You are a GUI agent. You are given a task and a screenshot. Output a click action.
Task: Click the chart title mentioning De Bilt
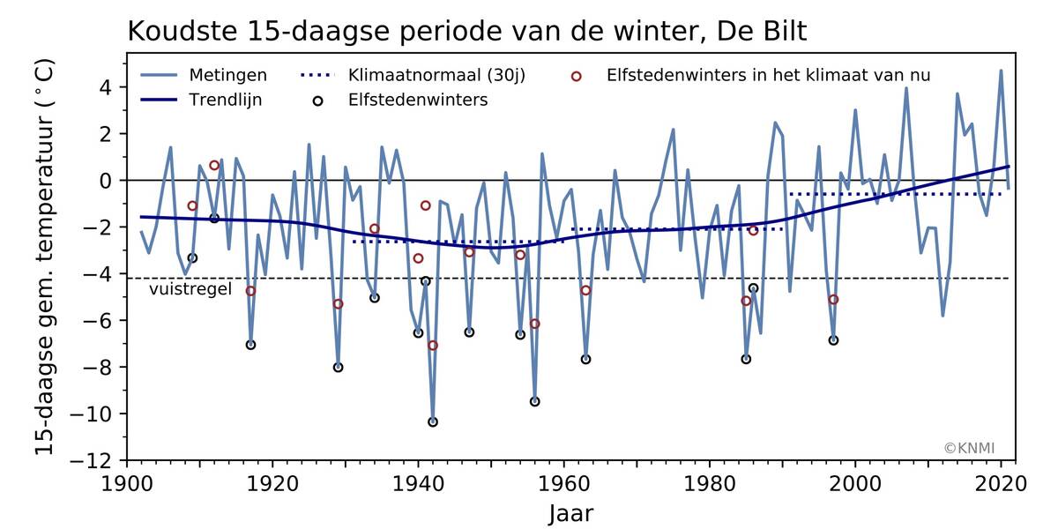(467, 31)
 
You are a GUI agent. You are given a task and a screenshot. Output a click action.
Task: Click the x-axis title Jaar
(570, 512)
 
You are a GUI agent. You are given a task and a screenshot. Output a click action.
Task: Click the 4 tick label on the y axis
(104, 87)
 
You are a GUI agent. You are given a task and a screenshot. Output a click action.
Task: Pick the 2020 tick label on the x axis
(1001, 483)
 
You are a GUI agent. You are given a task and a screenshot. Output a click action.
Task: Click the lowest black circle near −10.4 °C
(433, 422)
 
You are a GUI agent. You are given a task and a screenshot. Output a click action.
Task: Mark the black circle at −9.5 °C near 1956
(535, 401)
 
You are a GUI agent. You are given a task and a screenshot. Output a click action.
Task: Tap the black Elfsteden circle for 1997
(833, 340)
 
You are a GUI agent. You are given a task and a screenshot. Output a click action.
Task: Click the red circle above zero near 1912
(214, 165)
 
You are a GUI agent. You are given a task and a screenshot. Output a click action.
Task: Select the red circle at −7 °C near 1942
(433, 345)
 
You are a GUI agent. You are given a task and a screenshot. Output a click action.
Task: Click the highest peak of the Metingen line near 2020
(1001, 71)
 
